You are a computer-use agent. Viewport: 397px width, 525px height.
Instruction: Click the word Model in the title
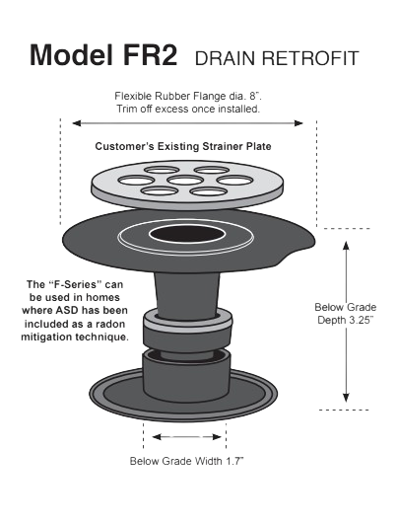(x=72, y=55)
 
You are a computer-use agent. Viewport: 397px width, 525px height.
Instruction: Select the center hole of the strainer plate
(x=185, y=181)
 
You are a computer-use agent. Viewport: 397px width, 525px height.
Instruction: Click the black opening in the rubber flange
(x=186, y=234)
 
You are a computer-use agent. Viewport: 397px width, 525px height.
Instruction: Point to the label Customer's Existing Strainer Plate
(x=183, y=146)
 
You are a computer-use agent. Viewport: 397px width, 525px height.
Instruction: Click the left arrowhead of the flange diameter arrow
(x=77, y=123)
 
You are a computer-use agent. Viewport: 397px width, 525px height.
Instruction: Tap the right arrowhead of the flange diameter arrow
(x=298, y=123)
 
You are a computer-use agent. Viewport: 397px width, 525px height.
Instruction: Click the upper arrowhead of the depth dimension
(x=346, y=245)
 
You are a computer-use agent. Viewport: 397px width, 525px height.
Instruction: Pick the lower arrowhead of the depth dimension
(x=346, y=397)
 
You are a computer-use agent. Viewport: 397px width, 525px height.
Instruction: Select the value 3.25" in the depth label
(x=361, y=320)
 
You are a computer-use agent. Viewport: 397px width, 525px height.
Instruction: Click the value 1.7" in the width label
(x=234, y=461)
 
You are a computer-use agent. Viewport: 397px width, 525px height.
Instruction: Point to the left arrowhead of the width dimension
(x=157, y=437)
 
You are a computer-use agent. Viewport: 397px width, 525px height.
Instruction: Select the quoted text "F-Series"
(x=75, y=284)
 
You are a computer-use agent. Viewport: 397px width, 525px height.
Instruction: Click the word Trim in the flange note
(x=125, y=109)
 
